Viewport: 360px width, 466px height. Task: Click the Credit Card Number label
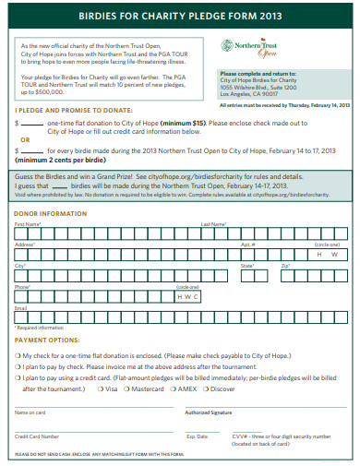pos(37,436)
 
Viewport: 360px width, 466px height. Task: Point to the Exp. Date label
pos(197,436)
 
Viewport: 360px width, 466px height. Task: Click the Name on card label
pos(30,412)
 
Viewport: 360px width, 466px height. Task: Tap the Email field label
pos(20,307)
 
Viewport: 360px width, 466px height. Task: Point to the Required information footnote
pos(40,328)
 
